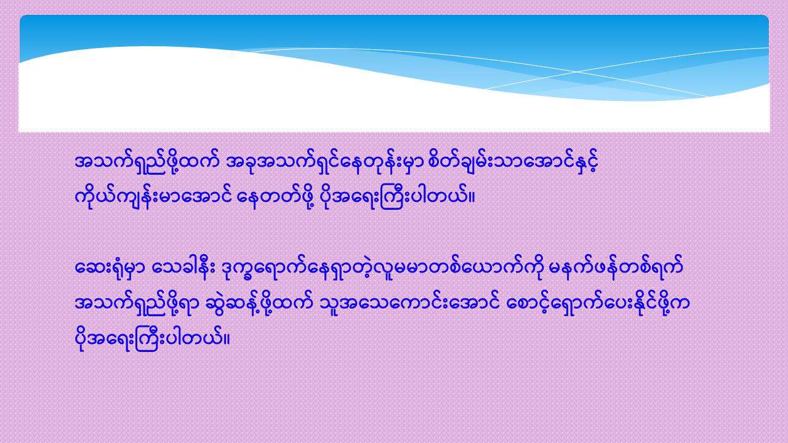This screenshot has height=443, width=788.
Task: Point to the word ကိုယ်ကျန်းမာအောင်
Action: click(153, 198)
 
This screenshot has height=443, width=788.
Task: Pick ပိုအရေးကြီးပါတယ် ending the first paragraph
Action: click(395, 198)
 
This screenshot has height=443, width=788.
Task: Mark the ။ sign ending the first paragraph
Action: click(472, 198)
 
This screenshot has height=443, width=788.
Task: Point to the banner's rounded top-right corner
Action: click(766, 18)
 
